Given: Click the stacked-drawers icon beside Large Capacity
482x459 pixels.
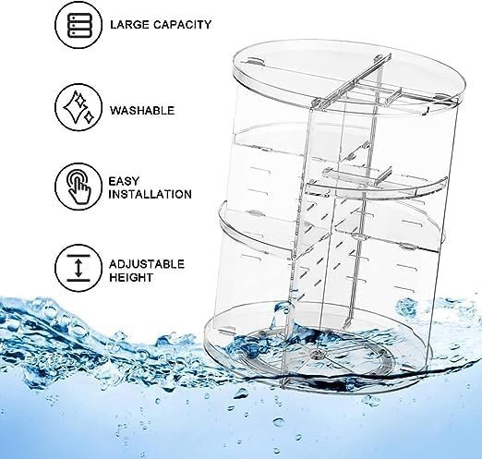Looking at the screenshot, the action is (x=78, y=24).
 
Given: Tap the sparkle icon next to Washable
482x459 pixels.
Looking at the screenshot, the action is (x=78, y=107).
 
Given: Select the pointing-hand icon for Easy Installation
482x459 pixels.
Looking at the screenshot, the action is (x=78, y=187).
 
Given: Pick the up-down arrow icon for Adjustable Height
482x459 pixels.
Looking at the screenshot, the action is (x=78, y=268).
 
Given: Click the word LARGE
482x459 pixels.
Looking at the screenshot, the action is (x=128, y=25).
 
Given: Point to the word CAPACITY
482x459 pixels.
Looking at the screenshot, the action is (x=182, y=25).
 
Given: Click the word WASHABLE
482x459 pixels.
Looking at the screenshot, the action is (x=142, y=110).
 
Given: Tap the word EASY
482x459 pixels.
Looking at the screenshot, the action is (x=124, y=181).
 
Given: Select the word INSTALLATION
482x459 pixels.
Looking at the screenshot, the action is (x=151, y=194).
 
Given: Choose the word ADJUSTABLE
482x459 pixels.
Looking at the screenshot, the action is (x=147, y=264).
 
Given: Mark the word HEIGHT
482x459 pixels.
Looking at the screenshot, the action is (x=130, y=277).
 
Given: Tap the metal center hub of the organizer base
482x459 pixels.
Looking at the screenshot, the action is (x=317, y=355).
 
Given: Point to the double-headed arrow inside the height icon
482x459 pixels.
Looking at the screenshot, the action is (x=78, y=268).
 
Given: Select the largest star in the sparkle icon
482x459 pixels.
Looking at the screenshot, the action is (x=74, y=106).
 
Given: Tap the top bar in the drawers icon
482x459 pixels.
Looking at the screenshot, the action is (x=78, y=18).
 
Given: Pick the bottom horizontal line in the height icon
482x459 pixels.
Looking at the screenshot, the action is (x=78, y=280).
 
